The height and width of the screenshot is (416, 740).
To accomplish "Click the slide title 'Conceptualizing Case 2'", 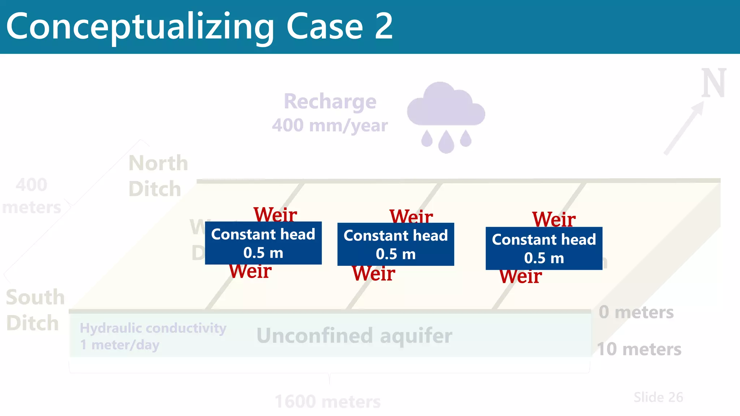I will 199,26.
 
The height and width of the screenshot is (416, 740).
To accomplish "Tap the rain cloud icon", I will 446,108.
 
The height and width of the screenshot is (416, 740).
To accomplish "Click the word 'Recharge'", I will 330,101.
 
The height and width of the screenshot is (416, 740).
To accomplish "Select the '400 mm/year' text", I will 330,125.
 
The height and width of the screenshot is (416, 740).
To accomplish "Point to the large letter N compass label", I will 714,84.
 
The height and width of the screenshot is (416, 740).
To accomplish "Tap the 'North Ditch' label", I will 158,176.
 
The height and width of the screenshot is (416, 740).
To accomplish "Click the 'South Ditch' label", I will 35,310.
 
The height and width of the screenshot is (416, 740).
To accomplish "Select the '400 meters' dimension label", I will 31,196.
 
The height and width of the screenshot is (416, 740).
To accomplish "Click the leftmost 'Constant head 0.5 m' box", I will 263,243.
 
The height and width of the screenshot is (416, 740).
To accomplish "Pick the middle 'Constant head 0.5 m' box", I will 396,244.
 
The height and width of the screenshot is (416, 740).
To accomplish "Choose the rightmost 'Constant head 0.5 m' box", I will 544,248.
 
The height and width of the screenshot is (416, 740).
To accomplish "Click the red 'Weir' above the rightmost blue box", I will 554,219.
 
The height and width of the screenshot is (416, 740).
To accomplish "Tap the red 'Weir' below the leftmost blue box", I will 250,272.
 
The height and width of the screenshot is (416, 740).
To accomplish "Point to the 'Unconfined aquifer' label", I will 354,335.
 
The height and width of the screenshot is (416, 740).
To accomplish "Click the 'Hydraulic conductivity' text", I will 153,328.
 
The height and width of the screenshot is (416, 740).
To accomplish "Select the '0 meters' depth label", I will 636,312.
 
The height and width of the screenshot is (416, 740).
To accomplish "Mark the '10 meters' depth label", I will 639,349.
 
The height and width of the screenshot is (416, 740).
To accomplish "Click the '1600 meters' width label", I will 327,402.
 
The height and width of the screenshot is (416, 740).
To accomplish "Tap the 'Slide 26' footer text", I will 658,397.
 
